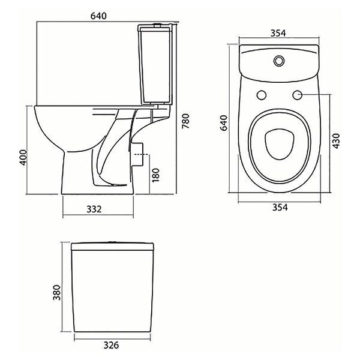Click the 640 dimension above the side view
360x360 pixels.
[x=98, y=16]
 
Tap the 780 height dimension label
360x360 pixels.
[x=185, y=121]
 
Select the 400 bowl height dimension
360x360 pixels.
[x=23, y=157]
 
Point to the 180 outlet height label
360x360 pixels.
[x=155, y=175]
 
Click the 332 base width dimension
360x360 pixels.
[x=94, y=209]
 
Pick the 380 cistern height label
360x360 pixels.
[x=56, y=293]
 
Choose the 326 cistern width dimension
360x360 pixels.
[x=112, y=345]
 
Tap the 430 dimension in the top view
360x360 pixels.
[x=336, y=141]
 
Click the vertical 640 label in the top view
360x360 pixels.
[x=224, y=123]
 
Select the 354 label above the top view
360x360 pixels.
[x=278, y=33]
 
